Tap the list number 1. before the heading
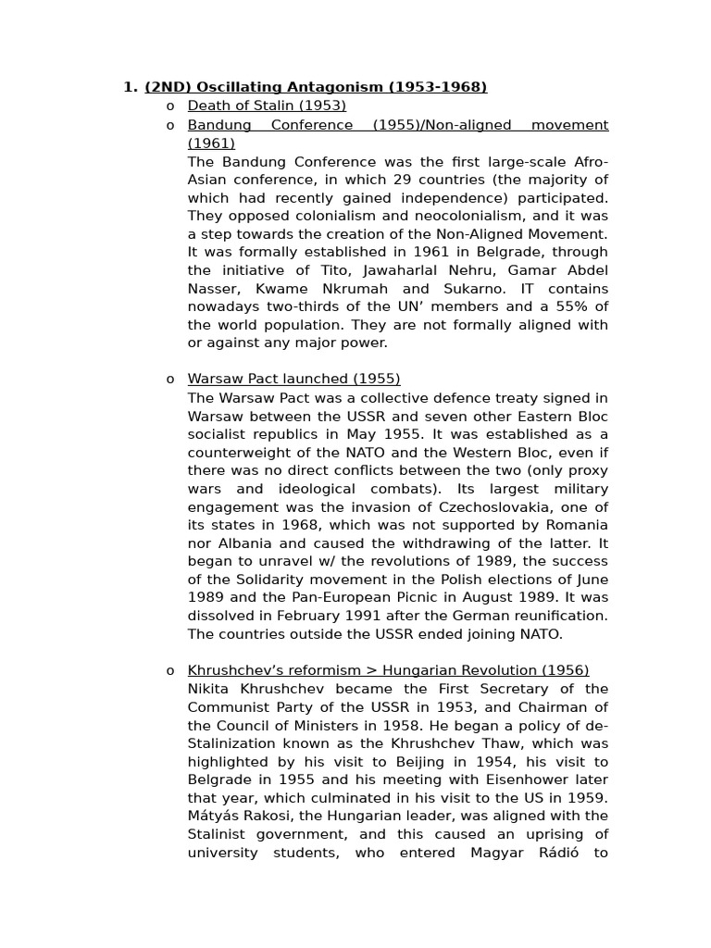click(130, 87)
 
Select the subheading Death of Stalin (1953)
click(267, 106)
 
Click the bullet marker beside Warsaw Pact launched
click(170, 380)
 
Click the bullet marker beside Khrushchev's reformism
click(170, 671)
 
